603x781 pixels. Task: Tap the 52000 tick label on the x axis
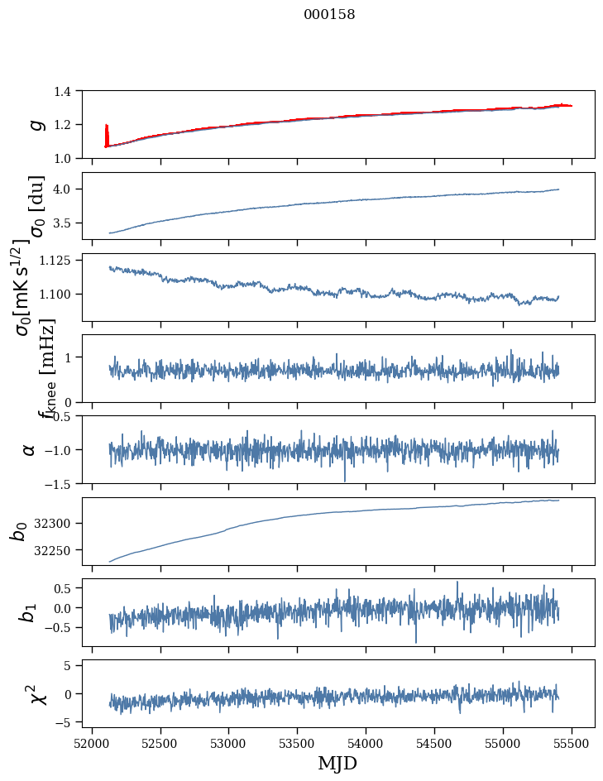92,743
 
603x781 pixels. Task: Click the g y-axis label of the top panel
36,124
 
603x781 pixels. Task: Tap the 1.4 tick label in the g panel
69,91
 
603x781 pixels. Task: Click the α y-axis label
30,449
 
